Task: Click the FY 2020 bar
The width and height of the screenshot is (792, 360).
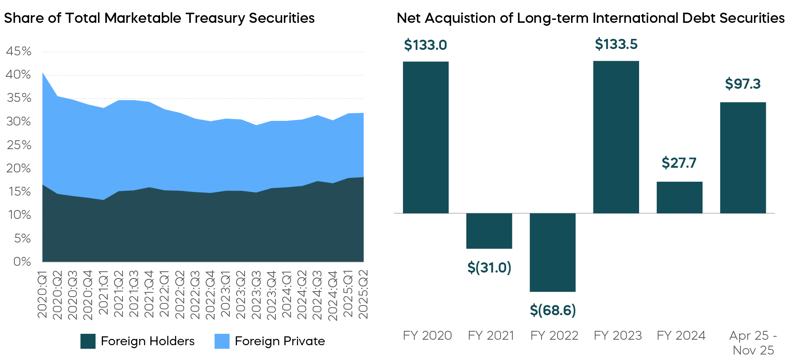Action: (x=426, y=137)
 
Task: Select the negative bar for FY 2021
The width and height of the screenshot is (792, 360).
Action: (x=489, y=231)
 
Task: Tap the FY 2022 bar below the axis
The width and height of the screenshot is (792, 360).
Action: (x=552, y=252)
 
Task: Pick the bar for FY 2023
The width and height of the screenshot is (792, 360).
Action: (x=616, y=137)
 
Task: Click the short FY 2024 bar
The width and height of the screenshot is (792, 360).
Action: (x=679, y=197)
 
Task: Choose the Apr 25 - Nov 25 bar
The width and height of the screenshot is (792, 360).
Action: (x=743, y=158)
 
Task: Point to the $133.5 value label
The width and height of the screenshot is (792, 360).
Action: (x=616, y=44)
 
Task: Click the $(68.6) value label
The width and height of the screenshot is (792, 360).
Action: (x=552, y=311)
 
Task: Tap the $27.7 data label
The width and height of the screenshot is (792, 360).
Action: (x=679, y=163)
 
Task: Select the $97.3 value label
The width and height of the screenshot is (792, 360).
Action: (x=743, y=84)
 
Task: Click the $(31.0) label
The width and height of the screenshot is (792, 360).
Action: (x=489, y=268)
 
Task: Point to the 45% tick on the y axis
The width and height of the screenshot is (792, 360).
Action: (x=19, y=52)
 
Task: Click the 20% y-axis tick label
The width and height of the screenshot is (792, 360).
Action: (x=19, y=169)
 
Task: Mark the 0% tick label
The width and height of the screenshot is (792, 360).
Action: (x=22, y=262)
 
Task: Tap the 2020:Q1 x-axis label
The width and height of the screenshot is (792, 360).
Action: (x=43, y=295)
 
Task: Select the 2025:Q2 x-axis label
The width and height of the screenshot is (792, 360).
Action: (x=363, y=294)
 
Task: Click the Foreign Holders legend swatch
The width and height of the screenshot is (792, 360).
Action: (x=88, y=341)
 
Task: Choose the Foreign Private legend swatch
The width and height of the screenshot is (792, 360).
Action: (x=222, y=341)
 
